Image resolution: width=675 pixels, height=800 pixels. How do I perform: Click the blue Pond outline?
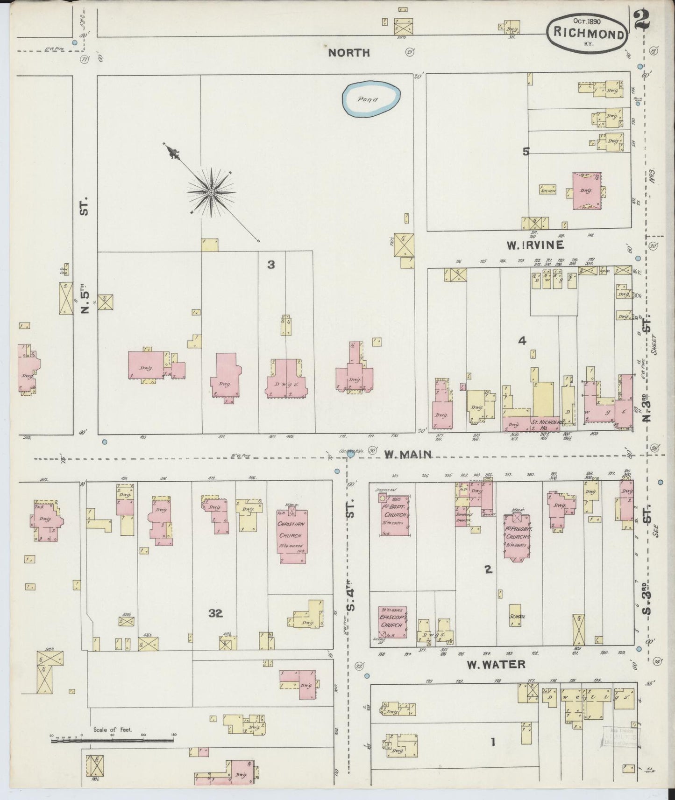(x=371, y=99)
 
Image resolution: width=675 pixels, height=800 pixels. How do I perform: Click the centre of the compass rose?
(x=211, y=192)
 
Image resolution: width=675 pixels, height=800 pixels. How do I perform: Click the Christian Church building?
(x=291, y=535)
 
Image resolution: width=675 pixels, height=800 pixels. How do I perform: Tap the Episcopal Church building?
(x=392, y=622)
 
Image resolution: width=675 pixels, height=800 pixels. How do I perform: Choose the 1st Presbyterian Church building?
(x=517, y=536)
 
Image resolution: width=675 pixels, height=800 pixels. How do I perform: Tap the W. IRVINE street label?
(x=535, y=244)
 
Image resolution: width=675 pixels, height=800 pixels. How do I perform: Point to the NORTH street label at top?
(x=348, y=53)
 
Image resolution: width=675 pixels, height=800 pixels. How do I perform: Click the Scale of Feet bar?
(x=112, y=739)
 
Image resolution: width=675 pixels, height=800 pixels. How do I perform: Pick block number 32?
(x=215, y=613)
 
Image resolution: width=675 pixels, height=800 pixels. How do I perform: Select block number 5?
(x=526, y=151)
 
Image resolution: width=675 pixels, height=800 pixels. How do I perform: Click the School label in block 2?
(x=517, y=616)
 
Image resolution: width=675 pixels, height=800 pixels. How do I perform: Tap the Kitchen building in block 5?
(x=548, y=190)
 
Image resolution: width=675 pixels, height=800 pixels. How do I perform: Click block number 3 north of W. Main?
(x=271, y=265)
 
